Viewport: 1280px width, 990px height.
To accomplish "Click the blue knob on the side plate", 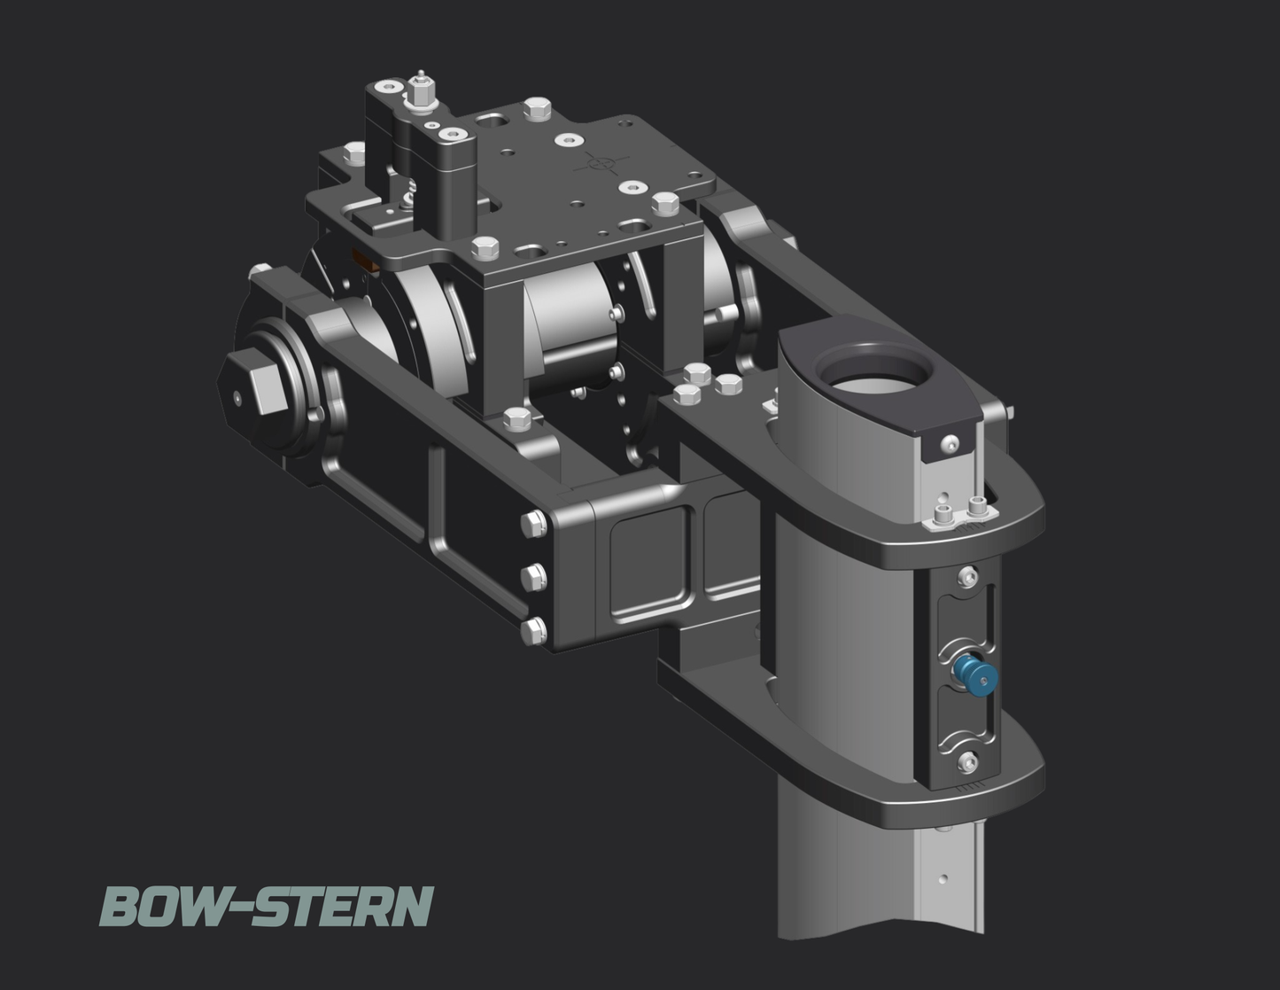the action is [x=976, y=674].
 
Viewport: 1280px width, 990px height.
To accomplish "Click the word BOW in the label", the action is [x=163, y=907].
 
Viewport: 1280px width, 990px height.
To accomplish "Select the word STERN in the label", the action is [x=344, y=907].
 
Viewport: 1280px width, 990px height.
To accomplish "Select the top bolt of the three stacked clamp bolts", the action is [x=533, y=523].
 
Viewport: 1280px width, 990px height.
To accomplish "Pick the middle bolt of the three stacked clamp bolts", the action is [x=533, y=577].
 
